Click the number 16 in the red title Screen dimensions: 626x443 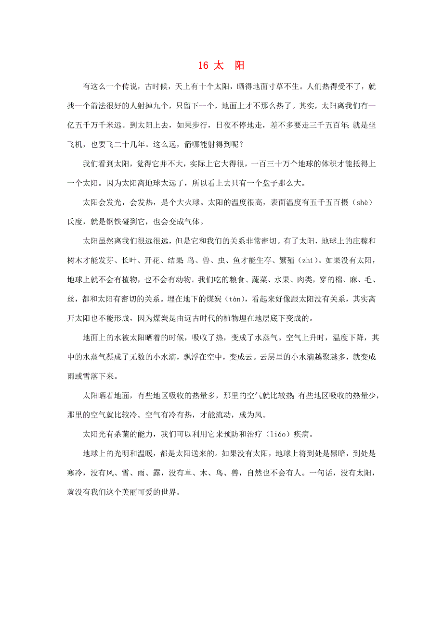pos(203,66)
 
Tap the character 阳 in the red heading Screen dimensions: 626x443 pos(239,66)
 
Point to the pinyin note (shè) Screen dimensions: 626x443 pos(361,203)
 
